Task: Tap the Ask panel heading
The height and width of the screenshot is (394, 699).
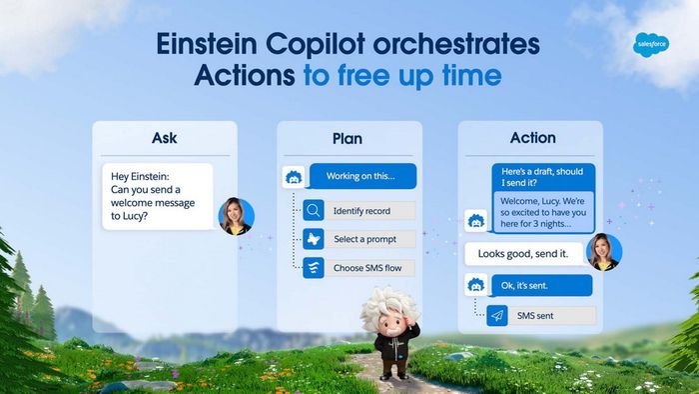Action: coord(165,138)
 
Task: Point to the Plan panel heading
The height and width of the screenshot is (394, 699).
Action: coord(348,138)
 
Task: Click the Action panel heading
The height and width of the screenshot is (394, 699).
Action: coord(531,138)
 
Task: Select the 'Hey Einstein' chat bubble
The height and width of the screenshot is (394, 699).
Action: coord(157,197)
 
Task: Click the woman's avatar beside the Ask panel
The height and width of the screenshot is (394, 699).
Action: coord(236,215)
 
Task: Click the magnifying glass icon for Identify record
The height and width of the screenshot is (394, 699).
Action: coord(314,211)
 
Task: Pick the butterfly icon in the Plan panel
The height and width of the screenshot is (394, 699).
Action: coord(314,239)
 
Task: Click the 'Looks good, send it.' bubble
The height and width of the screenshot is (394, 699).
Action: coord(523,254)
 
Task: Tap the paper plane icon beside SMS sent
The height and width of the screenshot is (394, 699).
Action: coord(496,316)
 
